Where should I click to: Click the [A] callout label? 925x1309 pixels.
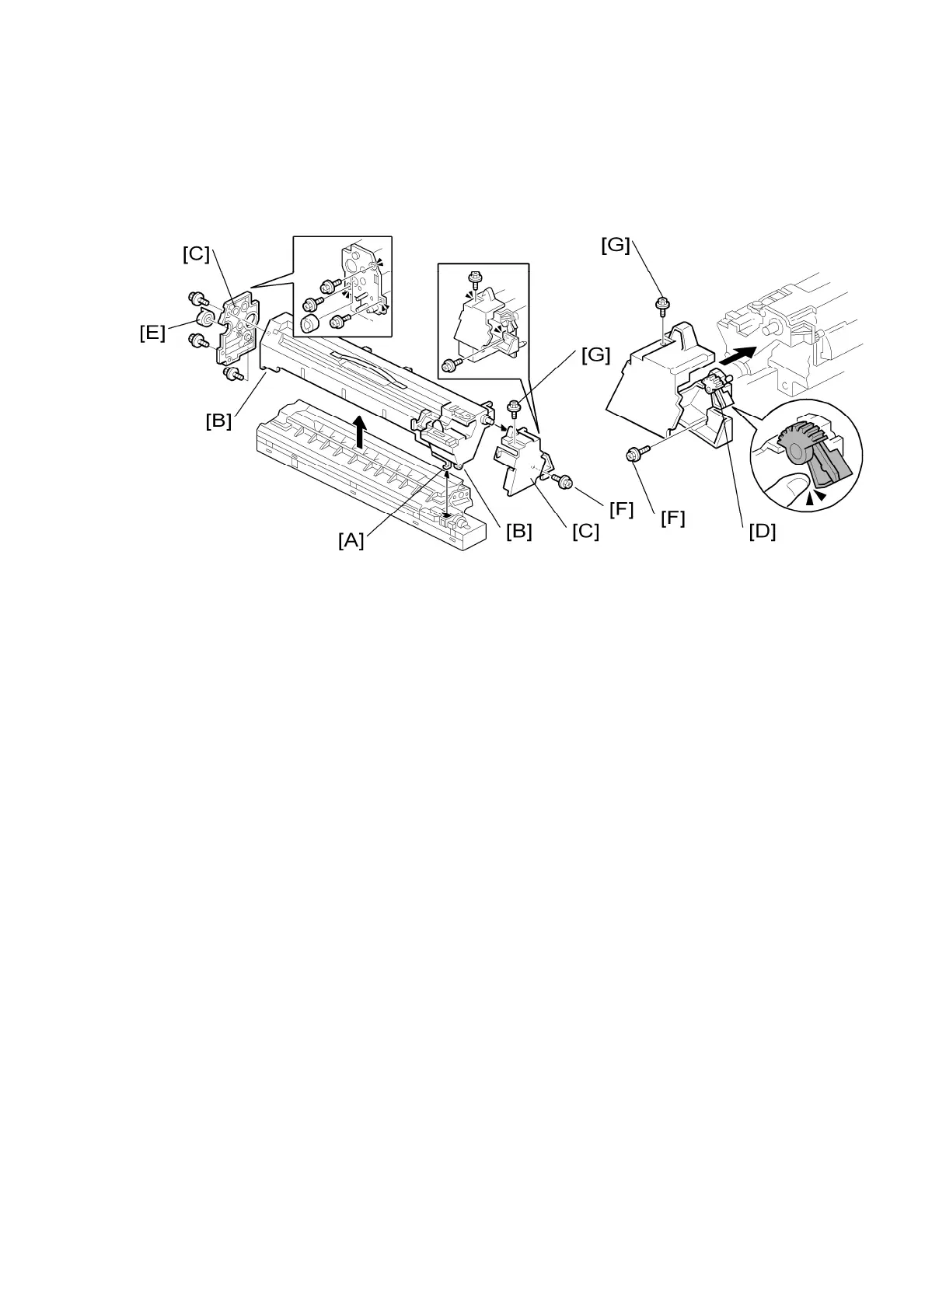coord(351,540)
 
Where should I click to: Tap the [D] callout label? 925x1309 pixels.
coord(762,532)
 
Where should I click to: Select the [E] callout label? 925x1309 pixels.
coord(152,333)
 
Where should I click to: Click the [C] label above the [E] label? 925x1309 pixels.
coord(196,254)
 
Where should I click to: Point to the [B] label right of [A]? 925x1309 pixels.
coord(518,532)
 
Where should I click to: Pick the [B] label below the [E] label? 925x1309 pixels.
coord(218,421)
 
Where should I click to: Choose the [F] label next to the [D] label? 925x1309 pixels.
coord(672,518)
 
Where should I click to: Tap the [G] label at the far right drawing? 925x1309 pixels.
coord(615,245)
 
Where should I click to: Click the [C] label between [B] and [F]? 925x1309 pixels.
coord(585,532)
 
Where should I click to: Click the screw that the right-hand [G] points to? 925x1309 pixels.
coord(661,305)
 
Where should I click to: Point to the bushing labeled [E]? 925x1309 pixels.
coord(206,319)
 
